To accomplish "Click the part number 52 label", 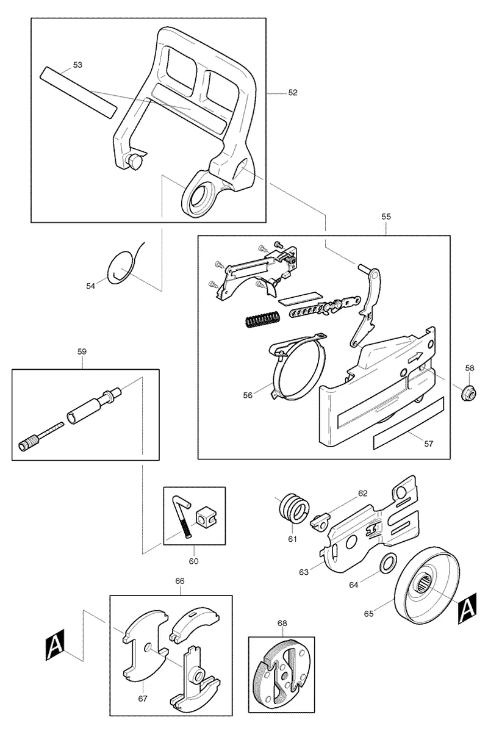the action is pos(292,93).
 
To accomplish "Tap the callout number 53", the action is pos(77,65).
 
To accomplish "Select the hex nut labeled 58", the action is pos(470,391).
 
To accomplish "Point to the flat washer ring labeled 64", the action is pos(388,563).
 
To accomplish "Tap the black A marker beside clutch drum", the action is pos(467,608).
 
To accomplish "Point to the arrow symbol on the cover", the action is pos(415,357).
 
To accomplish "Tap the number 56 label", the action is pos(248,395).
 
